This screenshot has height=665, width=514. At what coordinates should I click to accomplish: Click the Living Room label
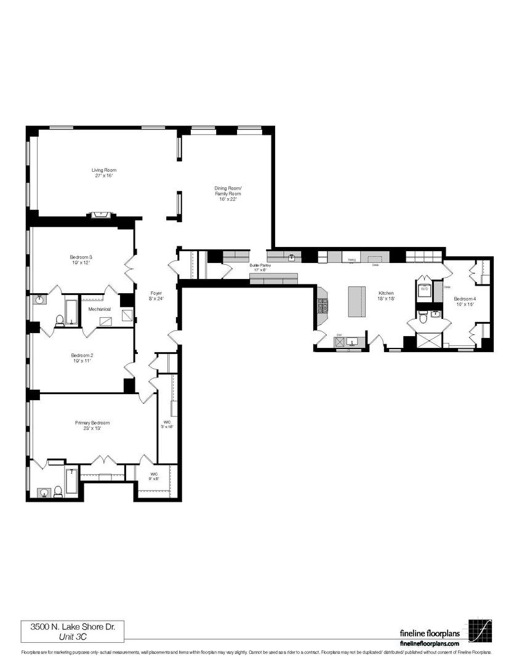tap(104, 173)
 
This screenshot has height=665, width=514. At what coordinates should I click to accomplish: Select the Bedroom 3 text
tap(81, 260)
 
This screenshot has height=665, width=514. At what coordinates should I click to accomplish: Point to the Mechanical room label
tap(99, 309)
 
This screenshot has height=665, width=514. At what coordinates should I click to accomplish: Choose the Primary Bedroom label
tap(92, 425)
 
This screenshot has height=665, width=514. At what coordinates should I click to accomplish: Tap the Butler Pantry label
tap(260, 267)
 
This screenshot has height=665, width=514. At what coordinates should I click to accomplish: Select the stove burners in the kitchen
tap(323, 305)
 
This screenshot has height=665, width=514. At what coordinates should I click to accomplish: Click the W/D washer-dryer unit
tap(425, 290)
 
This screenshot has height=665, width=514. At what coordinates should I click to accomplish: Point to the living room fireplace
tap(101, 214)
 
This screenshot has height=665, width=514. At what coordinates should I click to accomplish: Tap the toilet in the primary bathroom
tap(58, 491)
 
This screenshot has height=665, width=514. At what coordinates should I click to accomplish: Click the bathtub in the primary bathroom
tap(72, 481)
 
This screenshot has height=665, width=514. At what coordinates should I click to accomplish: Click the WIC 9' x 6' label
tap(153, 477)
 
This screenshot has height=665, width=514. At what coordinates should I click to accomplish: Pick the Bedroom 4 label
tap(465, 302)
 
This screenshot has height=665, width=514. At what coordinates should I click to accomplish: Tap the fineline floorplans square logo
tap(480, 630)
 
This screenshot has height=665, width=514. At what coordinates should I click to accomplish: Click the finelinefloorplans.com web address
tap(429, 643)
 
